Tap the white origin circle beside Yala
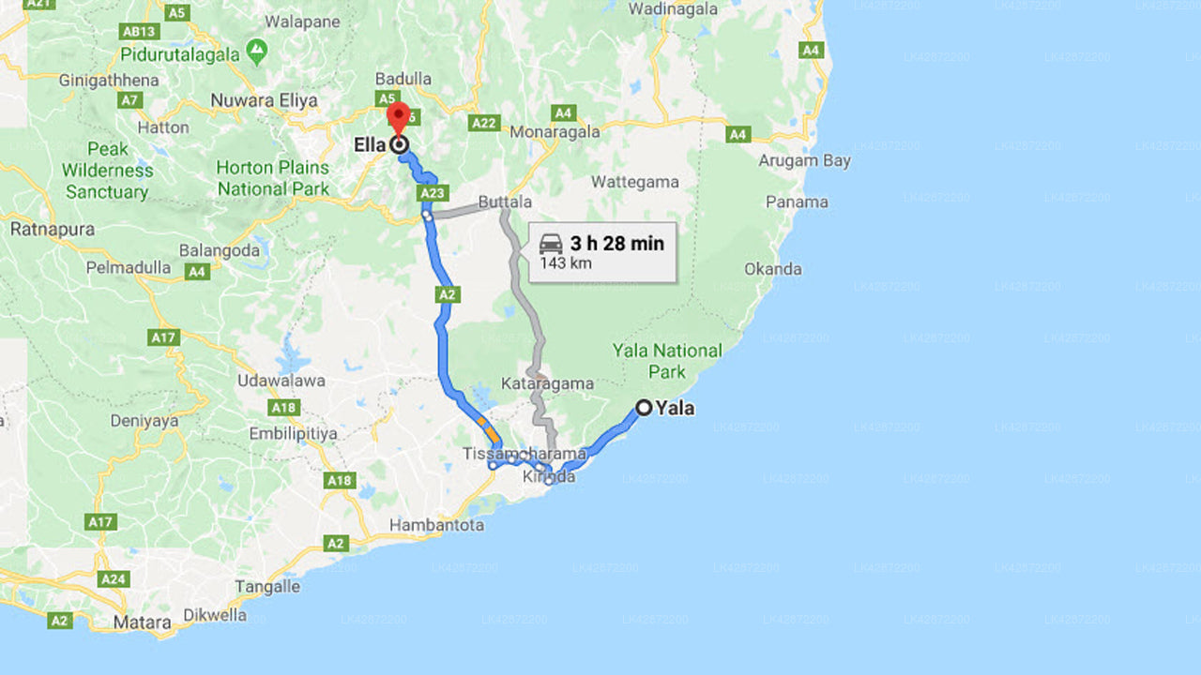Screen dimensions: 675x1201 [x=644, y=407]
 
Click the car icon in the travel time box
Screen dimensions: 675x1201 [x=551, y=244]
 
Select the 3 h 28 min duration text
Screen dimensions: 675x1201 [x=616, y=244]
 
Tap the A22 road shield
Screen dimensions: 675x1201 [x=484, y=123]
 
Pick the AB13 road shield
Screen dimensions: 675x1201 [x=137, y=31]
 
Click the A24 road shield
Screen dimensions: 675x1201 [x=114, y=578]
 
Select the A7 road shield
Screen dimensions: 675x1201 [x=129, y=99]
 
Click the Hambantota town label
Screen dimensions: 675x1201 [x=436, y=525]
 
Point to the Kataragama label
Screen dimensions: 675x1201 [x=547, y=383]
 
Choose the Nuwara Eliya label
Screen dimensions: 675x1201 [x=264, y=100]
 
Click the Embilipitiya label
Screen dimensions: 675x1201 [x=293, y=434]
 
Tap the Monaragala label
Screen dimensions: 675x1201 [x=555, y=132]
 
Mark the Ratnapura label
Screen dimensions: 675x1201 [x=52, y=229]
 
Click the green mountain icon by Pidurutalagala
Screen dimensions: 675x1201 [x=256, y=48]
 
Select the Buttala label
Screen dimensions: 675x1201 [x=505, y=202]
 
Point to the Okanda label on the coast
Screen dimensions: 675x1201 [x=773, y=269]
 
